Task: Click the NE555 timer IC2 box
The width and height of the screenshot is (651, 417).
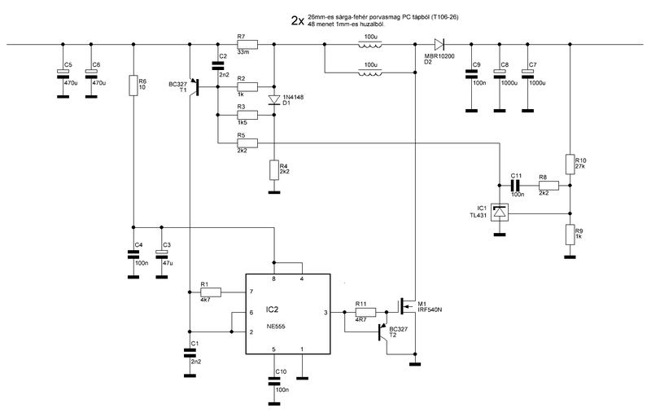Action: (288, 314)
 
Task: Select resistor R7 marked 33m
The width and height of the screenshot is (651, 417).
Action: (247, 44)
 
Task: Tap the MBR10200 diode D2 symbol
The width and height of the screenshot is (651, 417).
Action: (439, 44)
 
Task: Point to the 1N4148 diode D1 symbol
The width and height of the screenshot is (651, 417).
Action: (273, 99)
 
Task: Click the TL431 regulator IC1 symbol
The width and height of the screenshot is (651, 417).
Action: (500, 213)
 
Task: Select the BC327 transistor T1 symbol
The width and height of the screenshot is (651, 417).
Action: (194, 86)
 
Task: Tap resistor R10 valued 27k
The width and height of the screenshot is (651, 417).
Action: (570, 164)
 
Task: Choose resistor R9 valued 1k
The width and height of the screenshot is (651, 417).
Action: (570, 235)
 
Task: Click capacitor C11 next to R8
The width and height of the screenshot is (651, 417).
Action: (516, 185)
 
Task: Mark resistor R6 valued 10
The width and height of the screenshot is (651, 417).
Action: (133, 86)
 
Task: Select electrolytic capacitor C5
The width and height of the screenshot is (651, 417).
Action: (63, 74)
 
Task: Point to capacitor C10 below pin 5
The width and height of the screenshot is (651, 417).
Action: (273, 381)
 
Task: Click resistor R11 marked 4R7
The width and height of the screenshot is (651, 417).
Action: (365, 312)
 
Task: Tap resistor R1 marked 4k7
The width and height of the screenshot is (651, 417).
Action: (211, 292)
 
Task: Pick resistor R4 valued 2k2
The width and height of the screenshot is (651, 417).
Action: (273, 170)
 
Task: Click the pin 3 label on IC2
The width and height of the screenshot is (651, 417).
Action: (325, 312)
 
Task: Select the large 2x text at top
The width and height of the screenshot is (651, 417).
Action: (298, 21)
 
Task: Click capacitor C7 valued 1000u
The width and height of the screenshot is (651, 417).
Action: (527, 74)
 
